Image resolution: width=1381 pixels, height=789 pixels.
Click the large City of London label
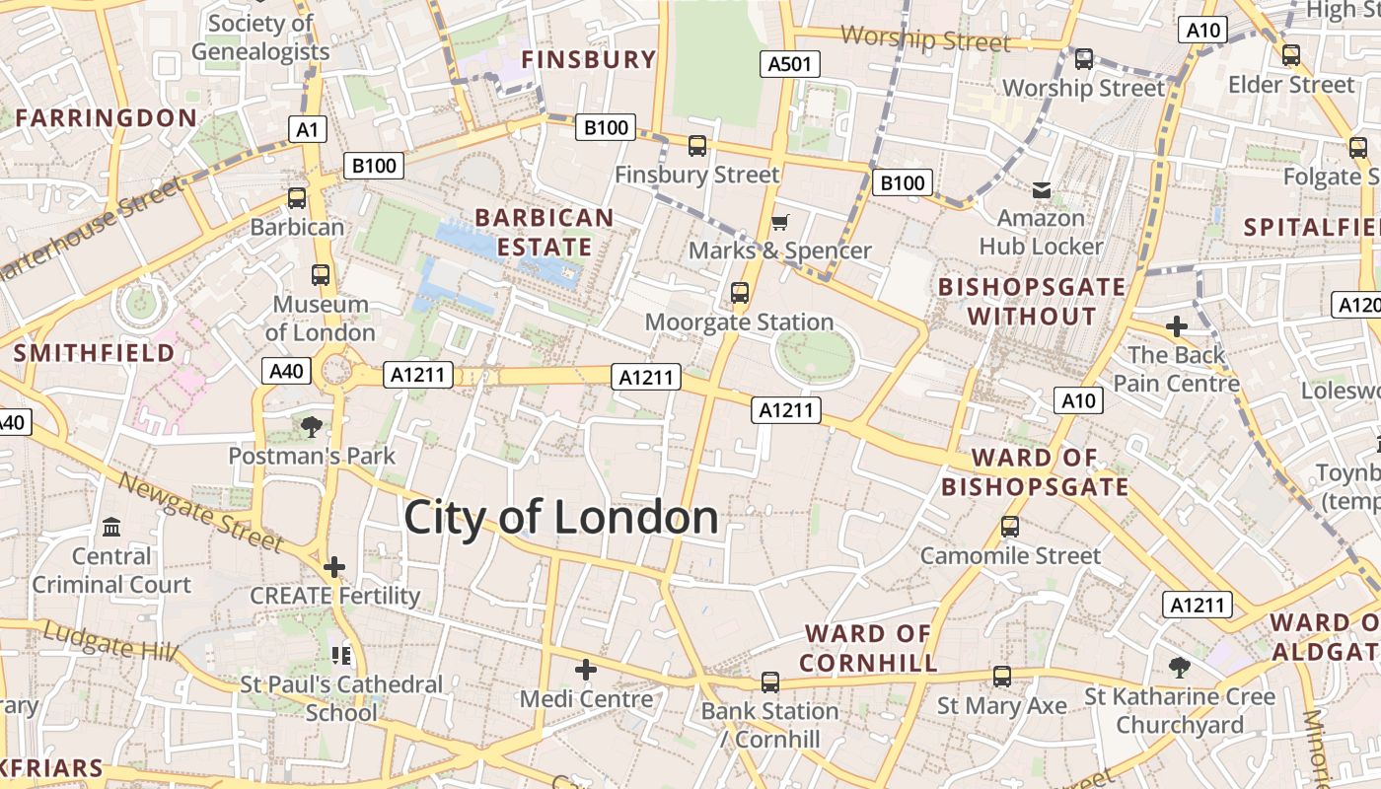(560, 518)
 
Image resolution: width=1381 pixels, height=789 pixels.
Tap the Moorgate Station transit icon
(739, 293)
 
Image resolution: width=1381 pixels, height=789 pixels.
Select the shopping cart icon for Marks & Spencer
(779, 222)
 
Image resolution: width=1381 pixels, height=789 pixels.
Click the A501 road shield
(790, 65)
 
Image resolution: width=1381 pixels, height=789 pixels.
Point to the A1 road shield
(308, 129)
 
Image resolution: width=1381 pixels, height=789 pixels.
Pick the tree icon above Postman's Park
(312, 427)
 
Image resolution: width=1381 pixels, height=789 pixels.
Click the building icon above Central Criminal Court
(111, 528)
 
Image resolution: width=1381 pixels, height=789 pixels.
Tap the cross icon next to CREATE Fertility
(334, 567)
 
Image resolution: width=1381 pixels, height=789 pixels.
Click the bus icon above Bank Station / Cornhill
(770, 682)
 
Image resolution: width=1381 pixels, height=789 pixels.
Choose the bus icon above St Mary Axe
(1002, 677)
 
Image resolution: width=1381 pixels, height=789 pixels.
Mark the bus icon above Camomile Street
(1010, 527)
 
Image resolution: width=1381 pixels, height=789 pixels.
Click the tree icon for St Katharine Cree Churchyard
(1179, 668)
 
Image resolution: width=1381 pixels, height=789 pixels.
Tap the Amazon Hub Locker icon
(1041, 188)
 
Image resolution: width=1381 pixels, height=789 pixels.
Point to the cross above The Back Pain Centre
(1176, 326)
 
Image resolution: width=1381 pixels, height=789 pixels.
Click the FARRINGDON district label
(106, 118)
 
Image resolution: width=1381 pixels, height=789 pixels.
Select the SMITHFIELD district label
(94, 352)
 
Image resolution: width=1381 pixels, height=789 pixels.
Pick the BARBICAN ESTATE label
(545, 232)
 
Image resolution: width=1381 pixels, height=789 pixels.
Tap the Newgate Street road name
(201, 511)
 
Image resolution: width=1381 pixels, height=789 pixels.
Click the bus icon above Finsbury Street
(697, 146)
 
